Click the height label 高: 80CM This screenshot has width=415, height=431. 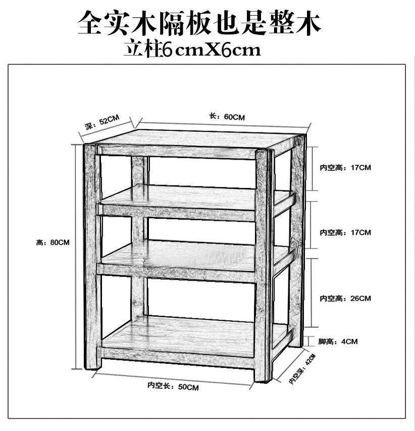(x=53, y=243)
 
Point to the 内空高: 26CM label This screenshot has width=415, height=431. (x=345, y=299)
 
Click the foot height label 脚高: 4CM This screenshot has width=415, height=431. (x=338, y=342)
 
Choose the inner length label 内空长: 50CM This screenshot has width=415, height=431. (x=173, y=387)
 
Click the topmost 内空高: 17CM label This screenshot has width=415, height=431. (x=345, y=167)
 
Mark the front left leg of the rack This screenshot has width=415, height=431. (x=91, y=258)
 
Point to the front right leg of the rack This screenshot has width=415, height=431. (x=264, y=263)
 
